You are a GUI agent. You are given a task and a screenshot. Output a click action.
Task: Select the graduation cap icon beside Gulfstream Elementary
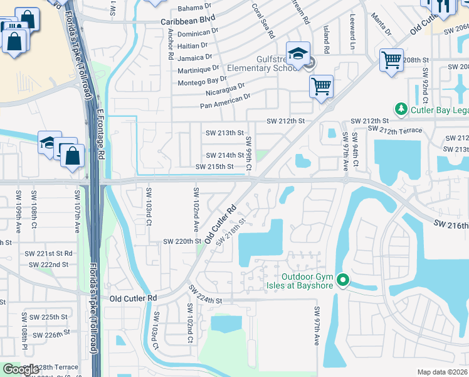298,53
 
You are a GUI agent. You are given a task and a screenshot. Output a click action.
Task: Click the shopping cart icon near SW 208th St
392,61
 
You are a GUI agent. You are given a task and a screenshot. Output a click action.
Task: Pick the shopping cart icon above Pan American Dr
322,87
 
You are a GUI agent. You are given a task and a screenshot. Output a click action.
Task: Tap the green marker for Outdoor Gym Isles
342,280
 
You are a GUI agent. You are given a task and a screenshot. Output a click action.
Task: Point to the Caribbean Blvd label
183,21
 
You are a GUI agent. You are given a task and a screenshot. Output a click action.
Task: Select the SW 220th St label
182,241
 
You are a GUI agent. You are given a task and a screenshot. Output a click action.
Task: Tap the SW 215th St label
214,167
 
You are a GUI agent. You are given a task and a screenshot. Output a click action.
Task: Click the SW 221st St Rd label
49,253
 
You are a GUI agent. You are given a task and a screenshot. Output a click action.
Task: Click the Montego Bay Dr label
202,80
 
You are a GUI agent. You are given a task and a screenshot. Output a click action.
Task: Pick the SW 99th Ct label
248,154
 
